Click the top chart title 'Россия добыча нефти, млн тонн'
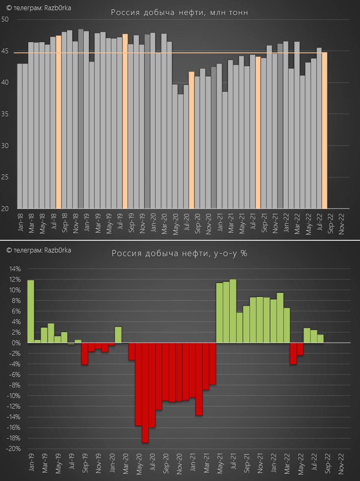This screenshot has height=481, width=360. click(179, 13)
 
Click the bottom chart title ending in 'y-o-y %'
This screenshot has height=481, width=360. click(179, 253)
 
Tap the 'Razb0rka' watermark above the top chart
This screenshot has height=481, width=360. click(58, 8)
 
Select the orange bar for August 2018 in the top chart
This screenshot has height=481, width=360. click(59, 122)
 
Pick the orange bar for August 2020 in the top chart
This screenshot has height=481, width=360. click(191, 140)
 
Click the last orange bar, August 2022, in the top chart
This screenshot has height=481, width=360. click(324, 131)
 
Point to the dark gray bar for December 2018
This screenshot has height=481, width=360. click(81, 119)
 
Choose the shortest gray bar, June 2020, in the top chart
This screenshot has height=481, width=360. click(180, 151)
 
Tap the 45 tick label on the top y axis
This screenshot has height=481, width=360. click(5, 51)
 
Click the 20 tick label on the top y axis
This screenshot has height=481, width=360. click(5, 209)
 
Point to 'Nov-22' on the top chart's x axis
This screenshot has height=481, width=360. click(342, 224)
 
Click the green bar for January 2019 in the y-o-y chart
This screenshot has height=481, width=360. click(30, 311)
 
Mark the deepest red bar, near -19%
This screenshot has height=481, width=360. click(145, 393)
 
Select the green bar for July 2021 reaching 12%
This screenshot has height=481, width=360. click(233, 311)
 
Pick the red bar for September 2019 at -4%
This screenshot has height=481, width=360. click(85, 353)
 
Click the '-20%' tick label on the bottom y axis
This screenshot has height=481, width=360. click(14, 449)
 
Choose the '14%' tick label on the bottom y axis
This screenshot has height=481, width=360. click(15, 269)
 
